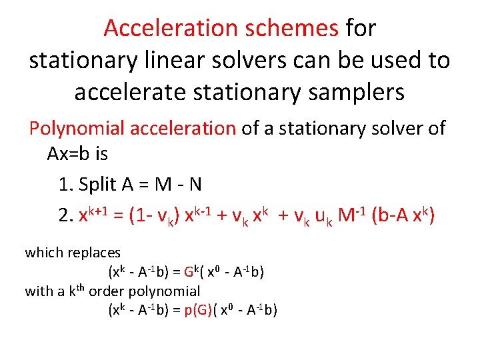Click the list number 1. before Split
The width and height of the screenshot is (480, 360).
(65, 184)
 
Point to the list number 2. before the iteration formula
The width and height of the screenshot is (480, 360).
(65, 216)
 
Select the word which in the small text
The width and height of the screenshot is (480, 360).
(42, 253)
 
